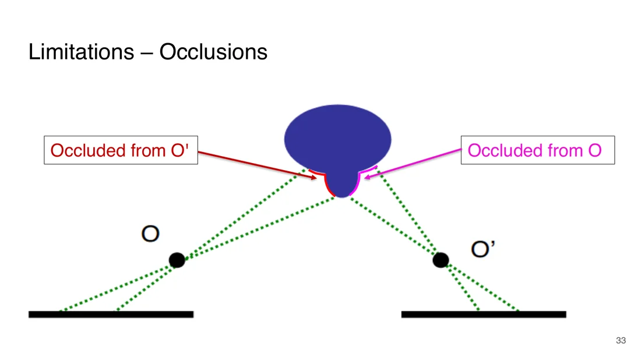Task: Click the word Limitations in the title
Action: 82,52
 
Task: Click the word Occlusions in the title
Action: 213,52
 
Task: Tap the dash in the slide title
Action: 147,53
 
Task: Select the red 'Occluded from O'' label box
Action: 121,150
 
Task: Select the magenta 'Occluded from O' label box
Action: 538,150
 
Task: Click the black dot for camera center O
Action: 177,260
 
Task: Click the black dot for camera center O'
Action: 441,260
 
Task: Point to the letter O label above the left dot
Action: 150,234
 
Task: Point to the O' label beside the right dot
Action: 483,249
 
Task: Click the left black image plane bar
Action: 111,314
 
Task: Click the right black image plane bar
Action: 484,314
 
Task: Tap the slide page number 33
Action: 621,340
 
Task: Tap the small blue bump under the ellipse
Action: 342,185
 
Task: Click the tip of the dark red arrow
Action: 317,178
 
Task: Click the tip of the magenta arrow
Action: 364,177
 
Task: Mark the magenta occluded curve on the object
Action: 358,180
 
